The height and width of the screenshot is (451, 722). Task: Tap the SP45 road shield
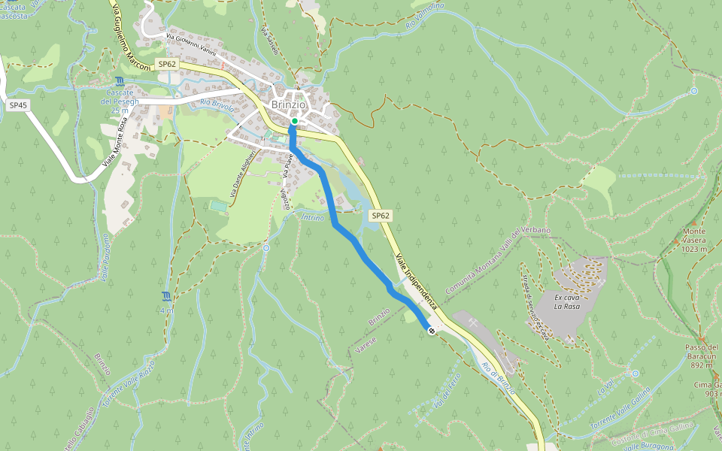pos(18,106)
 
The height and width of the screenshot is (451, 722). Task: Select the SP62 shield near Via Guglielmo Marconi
pos(167,64)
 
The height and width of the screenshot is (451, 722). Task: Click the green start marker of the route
pos(295,121)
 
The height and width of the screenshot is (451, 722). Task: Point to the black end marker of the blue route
pos(431,331)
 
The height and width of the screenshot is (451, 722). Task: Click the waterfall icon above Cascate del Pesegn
pos(120,81)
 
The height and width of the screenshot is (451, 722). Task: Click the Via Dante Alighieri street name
pos(244,173)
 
